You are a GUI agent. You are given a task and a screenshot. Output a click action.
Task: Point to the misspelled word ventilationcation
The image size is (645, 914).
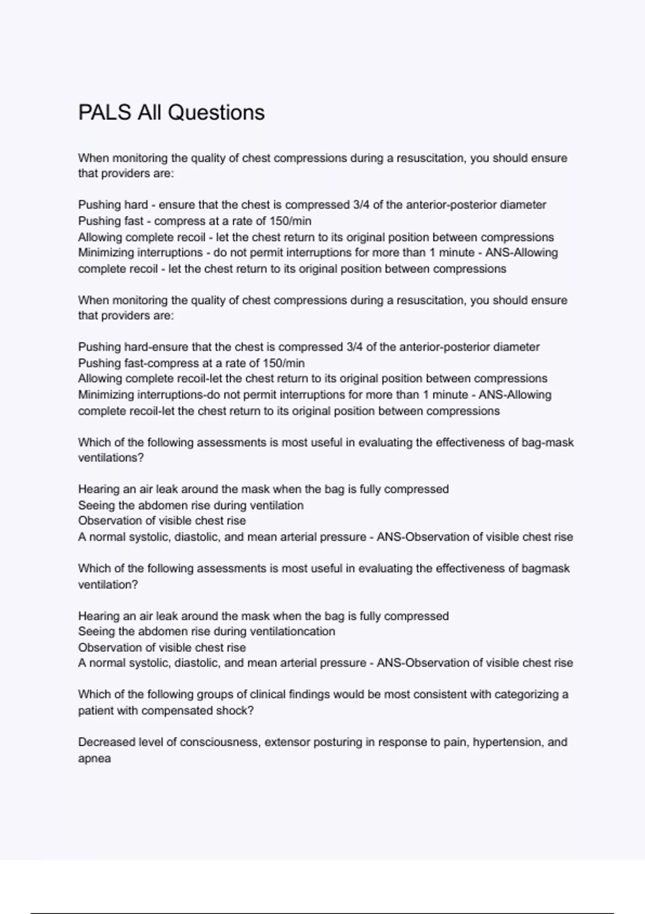(293, 632)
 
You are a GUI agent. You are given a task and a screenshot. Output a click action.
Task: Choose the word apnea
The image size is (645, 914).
(95, 759)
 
